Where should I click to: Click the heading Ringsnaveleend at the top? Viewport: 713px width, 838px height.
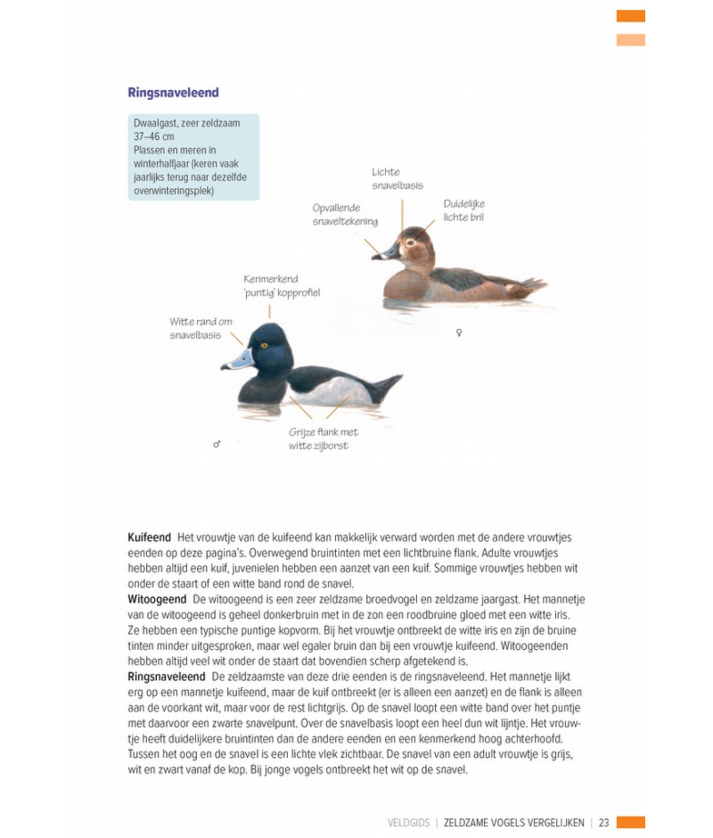click(x=173, y=93)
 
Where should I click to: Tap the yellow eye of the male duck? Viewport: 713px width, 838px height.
click(x=264, y=346)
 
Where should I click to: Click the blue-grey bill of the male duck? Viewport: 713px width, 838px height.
click(x=237, y=360)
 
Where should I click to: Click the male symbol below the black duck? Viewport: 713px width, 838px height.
click(x=217, y=443)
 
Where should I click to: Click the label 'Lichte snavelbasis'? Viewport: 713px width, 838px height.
click(x=397, y=178)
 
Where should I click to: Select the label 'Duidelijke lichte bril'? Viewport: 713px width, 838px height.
click(x=463, y=210)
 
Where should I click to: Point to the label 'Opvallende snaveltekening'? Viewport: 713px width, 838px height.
click(x=345, y=214)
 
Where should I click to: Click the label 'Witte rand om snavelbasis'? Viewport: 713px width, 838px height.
click(x=201, y=328)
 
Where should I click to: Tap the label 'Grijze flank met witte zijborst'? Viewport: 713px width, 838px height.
click(x=324, y=439)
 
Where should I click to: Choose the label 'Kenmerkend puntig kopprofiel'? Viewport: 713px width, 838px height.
click(x=281, y=285)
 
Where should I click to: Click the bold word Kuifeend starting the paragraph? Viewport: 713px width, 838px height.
click(x=149, y=538)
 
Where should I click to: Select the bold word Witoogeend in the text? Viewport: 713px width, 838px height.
click(x=157, y=599)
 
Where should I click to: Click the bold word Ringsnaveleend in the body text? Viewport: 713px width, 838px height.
click(x=167, y=677)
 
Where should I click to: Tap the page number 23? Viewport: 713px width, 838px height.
click(x=603, y=822)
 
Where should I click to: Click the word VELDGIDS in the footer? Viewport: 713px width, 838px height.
click(x=408, y=822)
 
